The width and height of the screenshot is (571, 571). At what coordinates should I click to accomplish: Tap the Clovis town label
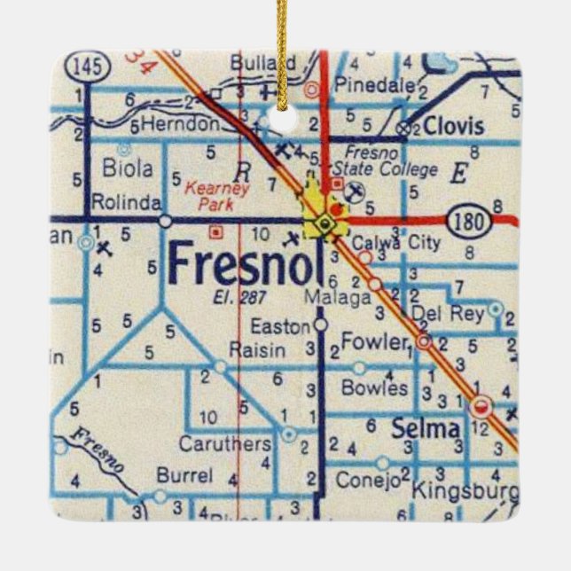click(453, 126)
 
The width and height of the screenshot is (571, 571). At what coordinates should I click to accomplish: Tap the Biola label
click(128, 168)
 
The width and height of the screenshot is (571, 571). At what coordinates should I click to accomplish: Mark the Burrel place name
click(184, 475)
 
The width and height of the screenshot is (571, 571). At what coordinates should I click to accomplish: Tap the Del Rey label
click(446, 313)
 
